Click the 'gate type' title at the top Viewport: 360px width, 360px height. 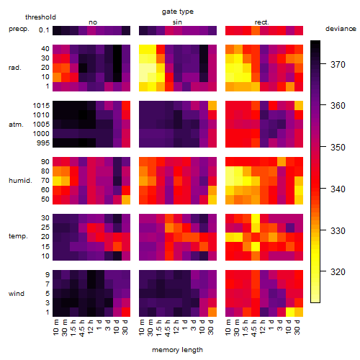pos(178,12)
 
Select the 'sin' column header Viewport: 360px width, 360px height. pos(177,22)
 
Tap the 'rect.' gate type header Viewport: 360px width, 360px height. pos(261,22)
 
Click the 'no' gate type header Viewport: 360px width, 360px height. pos(93,22)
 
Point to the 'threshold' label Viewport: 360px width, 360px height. pos(40,17)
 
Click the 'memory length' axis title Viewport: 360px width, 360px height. pos(177,350)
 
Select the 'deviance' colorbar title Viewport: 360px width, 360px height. pos(341,29)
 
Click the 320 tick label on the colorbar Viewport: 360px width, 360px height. pos(338,272)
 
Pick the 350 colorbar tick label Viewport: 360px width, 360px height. pos(338,147)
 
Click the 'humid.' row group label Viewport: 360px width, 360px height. pos(20,181)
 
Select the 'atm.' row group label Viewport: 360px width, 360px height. pos(16,125)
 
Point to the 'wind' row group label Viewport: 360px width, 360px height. pos(17,294)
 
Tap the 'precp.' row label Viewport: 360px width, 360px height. pos(19,29)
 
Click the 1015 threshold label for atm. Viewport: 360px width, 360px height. pos(41,106)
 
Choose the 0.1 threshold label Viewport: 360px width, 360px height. pos(44,30)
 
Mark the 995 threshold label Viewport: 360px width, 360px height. pos(43,143)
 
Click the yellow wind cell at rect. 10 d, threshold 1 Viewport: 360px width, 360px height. pos(290,312)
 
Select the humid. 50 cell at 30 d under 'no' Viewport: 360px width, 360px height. pos(126,199)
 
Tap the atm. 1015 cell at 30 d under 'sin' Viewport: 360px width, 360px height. pos(212,105)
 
